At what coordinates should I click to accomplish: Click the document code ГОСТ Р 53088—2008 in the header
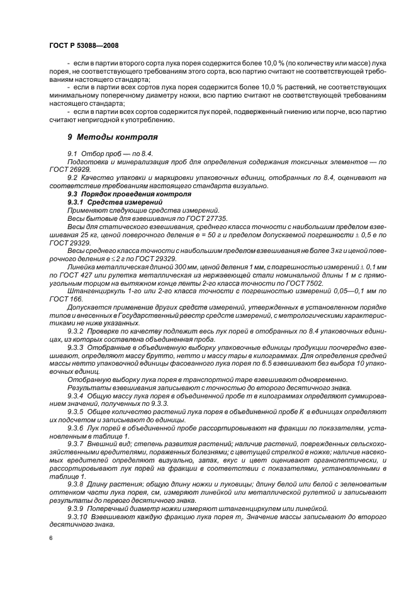coord(84,46)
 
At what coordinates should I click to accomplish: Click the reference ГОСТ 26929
coord(62,170)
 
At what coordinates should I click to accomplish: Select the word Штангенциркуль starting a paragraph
coord(91,291)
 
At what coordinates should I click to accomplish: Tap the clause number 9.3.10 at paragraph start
coord(77,514)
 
